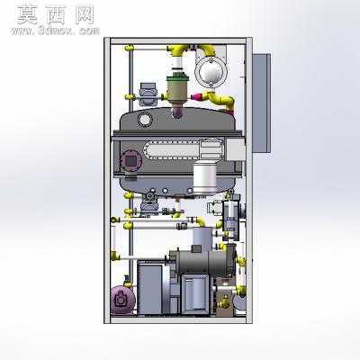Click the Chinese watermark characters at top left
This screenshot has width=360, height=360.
pos(56,15)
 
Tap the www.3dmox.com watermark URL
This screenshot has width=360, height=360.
pos(55,31)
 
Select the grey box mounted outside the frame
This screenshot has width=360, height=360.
pos(262,103)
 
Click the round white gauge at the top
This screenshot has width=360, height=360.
pos(211,71)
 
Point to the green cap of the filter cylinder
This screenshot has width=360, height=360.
pos(177,78)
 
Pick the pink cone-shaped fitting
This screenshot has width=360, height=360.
pos(197,97)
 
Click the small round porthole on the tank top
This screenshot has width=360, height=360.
pos(145,120)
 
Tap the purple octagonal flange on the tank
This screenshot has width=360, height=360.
pos(130,161)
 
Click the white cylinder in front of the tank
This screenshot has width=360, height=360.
pos(205,178)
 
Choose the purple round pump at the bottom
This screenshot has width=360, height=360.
pos(122,300)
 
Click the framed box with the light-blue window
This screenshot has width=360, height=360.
pos(195,293)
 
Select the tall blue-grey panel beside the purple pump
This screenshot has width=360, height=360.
pos(150,289)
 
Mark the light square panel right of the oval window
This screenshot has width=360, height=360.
pos(236,149)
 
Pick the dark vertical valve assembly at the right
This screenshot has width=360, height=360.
pos(230,219)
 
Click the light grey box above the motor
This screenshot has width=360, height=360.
pos(202,239)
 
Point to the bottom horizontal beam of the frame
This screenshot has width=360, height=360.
pos(178,320)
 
